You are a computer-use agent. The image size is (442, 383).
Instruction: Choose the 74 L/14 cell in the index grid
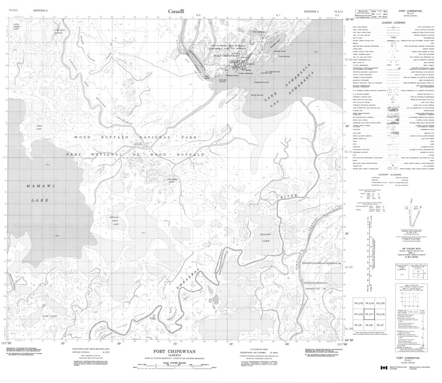coord(370,304)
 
